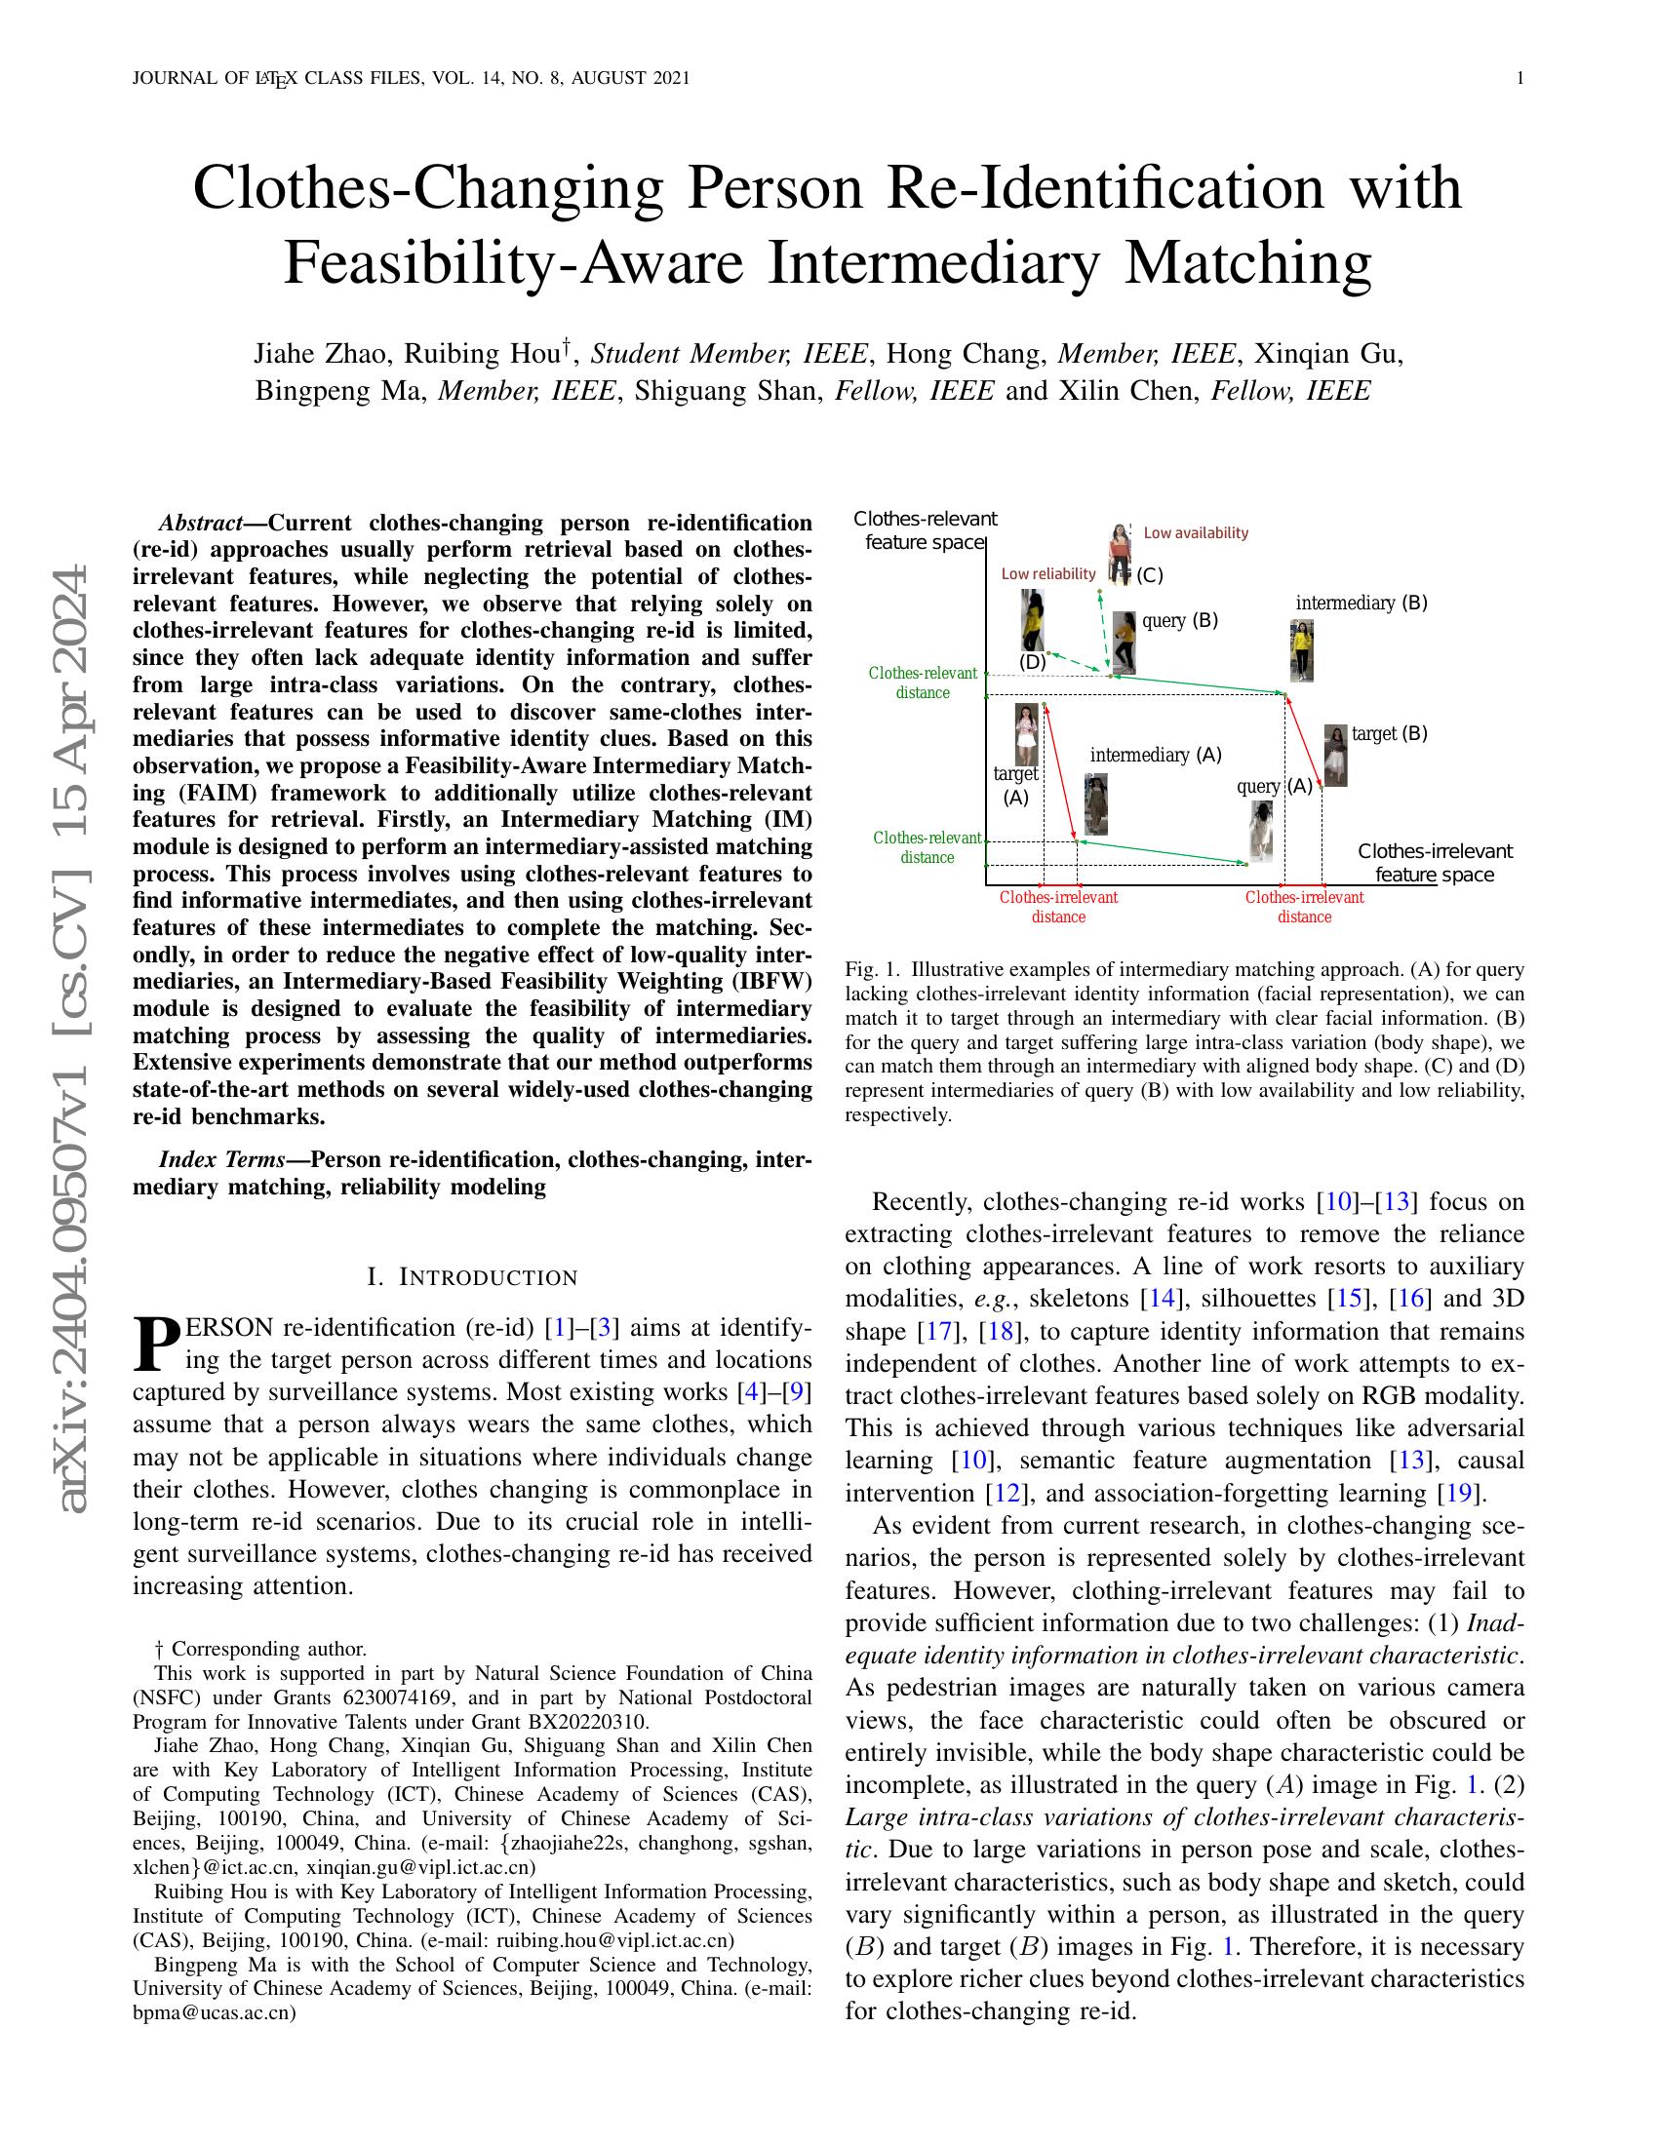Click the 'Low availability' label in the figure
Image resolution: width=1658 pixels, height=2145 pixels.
click(x=1196, y=533)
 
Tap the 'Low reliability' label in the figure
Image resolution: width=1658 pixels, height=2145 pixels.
click(x=1048, y=573)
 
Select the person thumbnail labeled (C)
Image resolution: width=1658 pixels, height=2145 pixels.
click(x=1119, y=553)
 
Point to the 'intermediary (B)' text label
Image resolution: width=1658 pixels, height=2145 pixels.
click(x=1361, y=603)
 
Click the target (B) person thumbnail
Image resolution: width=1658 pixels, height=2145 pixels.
click(x=1335, y=755)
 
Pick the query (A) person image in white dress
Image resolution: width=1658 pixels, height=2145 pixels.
click(x=1261, y=831)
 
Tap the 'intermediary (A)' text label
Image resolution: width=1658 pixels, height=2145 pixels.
click(x=1155, y=756)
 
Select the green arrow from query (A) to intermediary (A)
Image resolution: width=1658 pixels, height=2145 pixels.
click(x=1164, y=852)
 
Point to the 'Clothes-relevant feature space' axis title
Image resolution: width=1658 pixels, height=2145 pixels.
click(x=925, y=530)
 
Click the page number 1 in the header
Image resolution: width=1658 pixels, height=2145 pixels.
click(x=1520, y=79)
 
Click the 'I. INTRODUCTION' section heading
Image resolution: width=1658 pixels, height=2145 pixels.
click(x=471, y=1277)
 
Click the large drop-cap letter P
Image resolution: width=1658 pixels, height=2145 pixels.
click(x=156, y=1345)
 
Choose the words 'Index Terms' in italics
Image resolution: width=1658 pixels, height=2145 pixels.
click(x=221, y=1159)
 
